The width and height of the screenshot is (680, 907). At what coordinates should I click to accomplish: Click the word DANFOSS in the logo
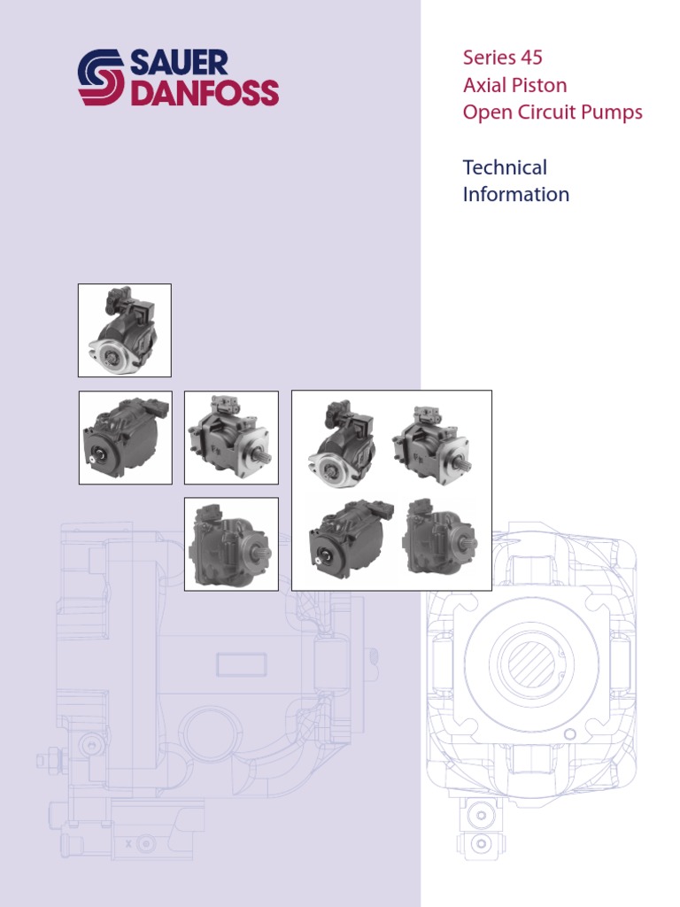pyautogui.click(x=205, y=93)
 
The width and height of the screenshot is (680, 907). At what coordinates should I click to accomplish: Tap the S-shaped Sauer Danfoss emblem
pyautogui.click(x=102, y=78)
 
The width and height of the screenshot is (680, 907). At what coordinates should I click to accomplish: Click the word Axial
pyautogui.click(x=483, y=85)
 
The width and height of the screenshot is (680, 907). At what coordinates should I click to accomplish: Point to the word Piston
pyautogui.click(x=538, y=85)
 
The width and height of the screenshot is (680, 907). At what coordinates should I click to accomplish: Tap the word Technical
pyautogui.click(x=505, y=167)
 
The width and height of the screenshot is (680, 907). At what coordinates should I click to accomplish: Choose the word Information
pyautogui.click(x=515, y=194)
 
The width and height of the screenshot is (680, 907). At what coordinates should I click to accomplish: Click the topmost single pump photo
pyautogui.click(x=124, y=329)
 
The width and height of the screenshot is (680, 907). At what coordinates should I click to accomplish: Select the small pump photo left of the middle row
pyautogui.click(x=124, y=438)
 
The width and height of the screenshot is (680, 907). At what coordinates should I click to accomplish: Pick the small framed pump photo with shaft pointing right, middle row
pyautogui.click(x=230, y=438)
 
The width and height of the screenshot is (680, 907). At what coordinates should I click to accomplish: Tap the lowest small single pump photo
pyautogui.click(x=230, y=544)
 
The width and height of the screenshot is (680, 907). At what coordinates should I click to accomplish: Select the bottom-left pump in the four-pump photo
pyautogui.click(x=347, y=539)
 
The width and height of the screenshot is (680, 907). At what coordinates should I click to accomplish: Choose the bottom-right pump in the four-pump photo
pyautogui.click(x=438, y=538)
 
